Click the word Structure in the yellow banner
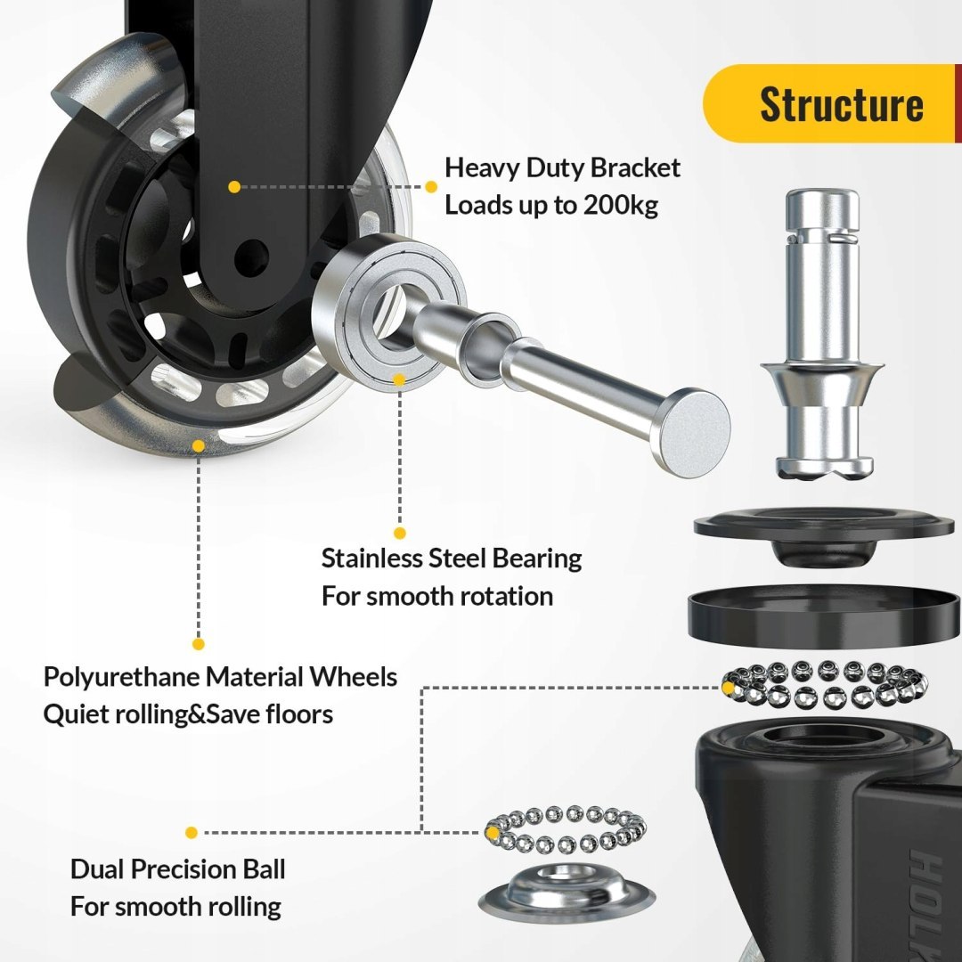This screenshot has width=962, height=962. point(841,104)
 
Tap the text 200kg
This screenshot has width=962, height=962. point(620,205)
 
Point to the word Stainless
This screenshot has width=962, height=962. point(371,558)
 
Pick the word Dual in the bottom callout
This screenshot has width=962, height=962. point(97,869)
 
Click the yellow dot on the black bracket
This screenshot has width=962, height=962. point(233,186)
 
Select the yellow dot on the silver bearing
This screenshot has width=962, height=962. point(399,379)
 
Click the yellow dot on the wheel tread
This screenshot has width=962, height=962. point(198,446)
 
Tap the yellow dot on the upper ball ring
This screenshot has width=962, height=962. point(729,688)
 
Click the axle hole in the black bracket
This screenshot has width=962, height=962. point(251,257)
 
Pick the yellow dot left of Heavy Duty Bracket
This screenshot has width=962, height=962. point(431,186)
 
